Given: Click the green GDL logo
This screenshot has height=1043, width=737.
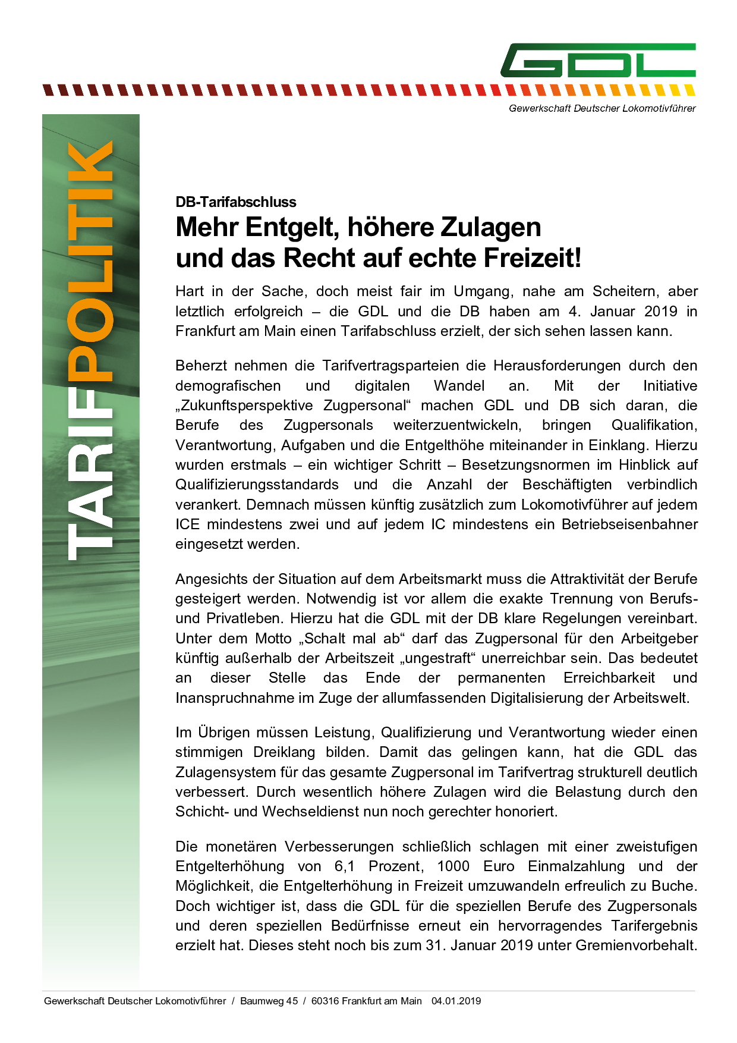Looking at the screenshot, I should point(598,60).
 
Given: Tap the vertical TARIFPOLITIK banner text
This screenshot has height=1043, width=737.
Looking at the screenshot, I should point(90,351).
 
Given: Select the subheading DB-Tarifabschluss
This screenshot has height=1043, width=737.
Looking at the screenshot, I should point(235,202).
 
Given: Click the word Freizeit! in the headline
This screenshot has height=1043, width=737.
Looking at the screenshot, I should point(533,258).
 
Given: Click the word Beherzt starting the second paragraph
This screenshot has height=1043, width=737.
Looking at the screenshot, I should point(200,366).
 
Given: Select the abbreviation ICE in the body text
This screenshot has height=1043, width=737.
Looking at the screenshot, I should point(187,524).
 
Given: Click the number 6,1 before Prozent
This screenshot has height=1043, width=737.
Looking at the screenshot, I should point(345,866).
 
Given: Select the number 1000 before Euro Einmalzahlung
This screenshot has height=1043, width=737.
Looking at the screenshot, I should point(453,866).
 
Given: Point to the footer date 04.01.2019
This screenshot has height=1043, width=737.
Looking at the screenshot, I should point(456,1001).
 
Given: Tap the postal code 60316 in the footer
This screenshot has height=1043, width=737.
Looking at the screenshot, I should point(324,1001).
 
